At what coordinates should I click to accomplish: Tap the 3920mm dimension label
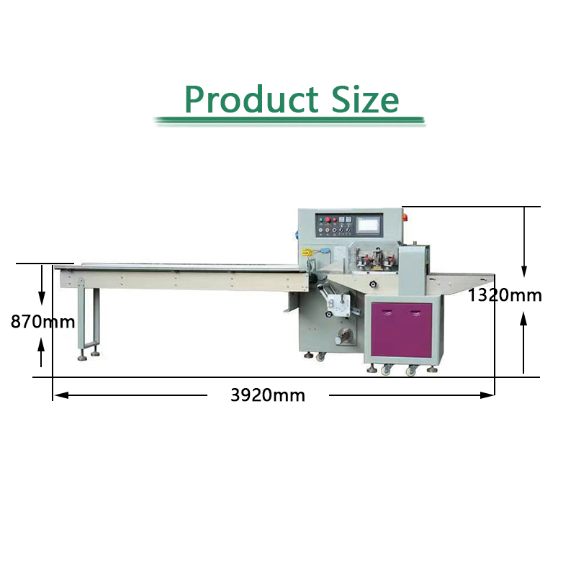pyautogui.click(x=268, y=395)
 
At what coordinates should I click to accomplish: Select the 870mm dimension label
pyautogui.click(x=42, y=321)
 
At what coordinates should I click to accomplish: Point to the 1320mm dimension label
pyautogui.click(x=505, y=295)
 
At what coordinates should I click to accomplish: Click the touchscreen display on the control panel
pyautogui.click(x=369, y=225)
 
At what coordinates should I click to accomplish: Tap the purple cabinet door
pyautogui.click(x=402, y=330)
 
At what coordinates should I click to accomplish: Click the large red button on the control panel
pyautogui.click(x=328, y=220)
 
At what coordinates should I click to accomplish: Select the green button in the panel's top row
pyautogui.click(x=320, y=220)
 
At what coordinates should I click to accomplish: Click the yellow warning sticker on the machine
pyautogui.click(x=305, y=253)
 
